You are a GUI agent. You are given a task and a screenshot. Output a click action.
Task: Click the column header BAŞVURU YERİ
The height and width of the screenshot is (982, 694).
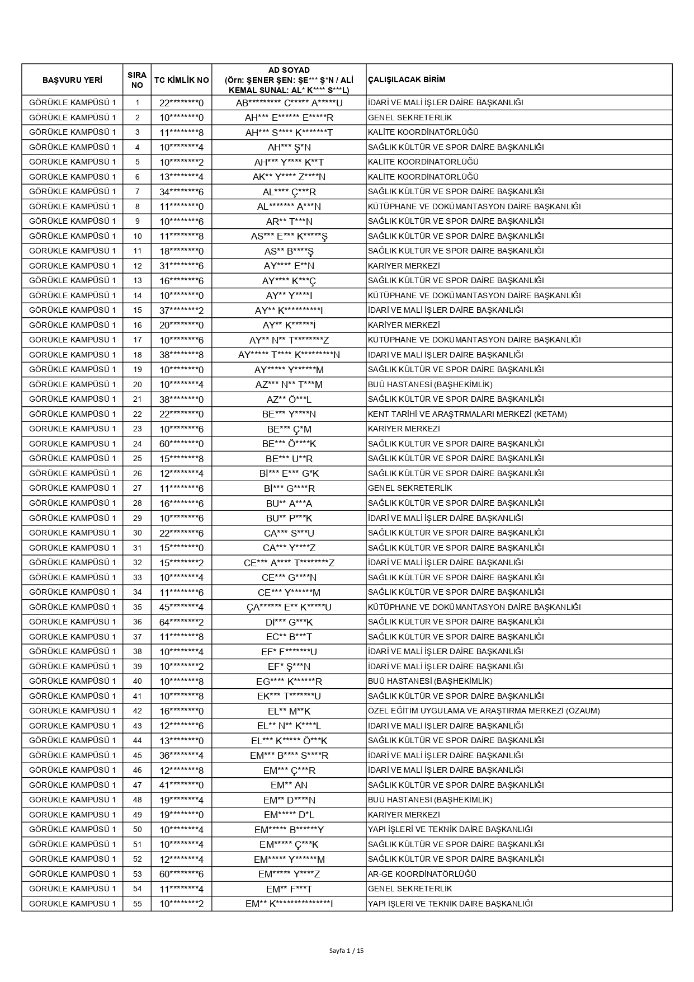click(72, 80)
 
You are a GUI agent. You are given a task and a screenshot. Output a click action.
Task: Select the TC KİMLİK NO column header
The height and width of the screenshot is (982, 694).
click(181, 80)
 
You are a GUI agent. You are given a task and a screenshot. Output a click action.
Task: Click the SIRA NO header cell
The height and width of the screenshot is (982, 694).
click(137, 80)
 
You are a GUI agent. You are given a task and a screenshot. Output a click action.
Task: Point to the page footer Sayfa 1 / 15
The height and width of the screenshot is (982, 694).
click(347, 950)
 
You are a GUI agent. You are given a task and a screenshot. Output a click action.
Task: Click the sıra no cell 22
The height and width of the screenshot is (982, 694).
click(137, 414)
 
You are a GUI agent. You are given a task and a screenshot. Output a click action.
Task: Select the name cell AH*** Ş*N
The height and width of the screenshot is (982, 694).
click(289, 147)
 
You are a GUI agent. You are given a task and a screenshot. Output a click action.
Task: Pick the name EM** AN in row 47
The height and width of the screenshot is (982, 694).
click(289, 785)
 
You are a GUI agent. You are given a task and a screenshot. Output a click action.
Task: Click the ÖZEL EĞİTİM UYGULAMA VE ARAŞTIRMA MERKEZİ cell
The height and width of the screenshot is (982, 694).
click(483, 711)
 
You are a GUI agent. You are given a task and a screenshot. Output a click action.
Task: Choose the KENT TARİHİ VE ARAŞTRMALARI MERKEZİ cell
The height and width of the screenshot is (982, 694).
click(467, 414)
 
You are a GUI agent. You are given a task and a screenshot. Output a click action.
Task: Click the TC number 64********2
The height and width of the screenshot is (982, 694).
click(181, 622)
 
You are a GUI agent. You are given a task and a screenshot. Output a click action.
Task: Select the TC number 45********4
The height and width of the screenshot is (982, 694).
click(181, 607)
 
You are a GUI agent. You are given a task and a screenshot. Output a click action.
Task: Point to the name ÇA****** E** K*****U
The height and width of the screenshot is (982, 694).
click(289, 607)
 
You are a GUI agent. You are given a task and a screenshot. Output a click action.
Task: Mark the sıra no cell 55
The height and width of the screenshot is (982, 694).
click(137, 904)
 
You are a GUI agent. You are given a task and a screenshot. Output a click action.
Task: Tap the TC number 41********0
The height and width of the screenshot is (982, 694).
click(181, 785)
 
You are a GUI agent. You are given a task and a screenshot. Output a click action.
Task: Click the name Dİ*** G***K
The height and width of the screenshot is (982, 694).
click(289, 622)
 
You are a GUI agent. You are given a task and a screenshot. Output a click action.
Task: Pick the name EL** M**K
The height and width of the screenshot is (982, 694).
click(289, 711)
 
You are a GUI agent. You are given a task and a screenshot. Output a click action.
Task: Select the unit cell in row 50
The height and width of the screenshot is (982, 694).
click(450, 829)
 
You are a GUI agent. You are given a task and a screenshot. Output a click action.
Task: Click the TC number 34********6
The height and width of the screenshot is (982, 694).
click(181, 191)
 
